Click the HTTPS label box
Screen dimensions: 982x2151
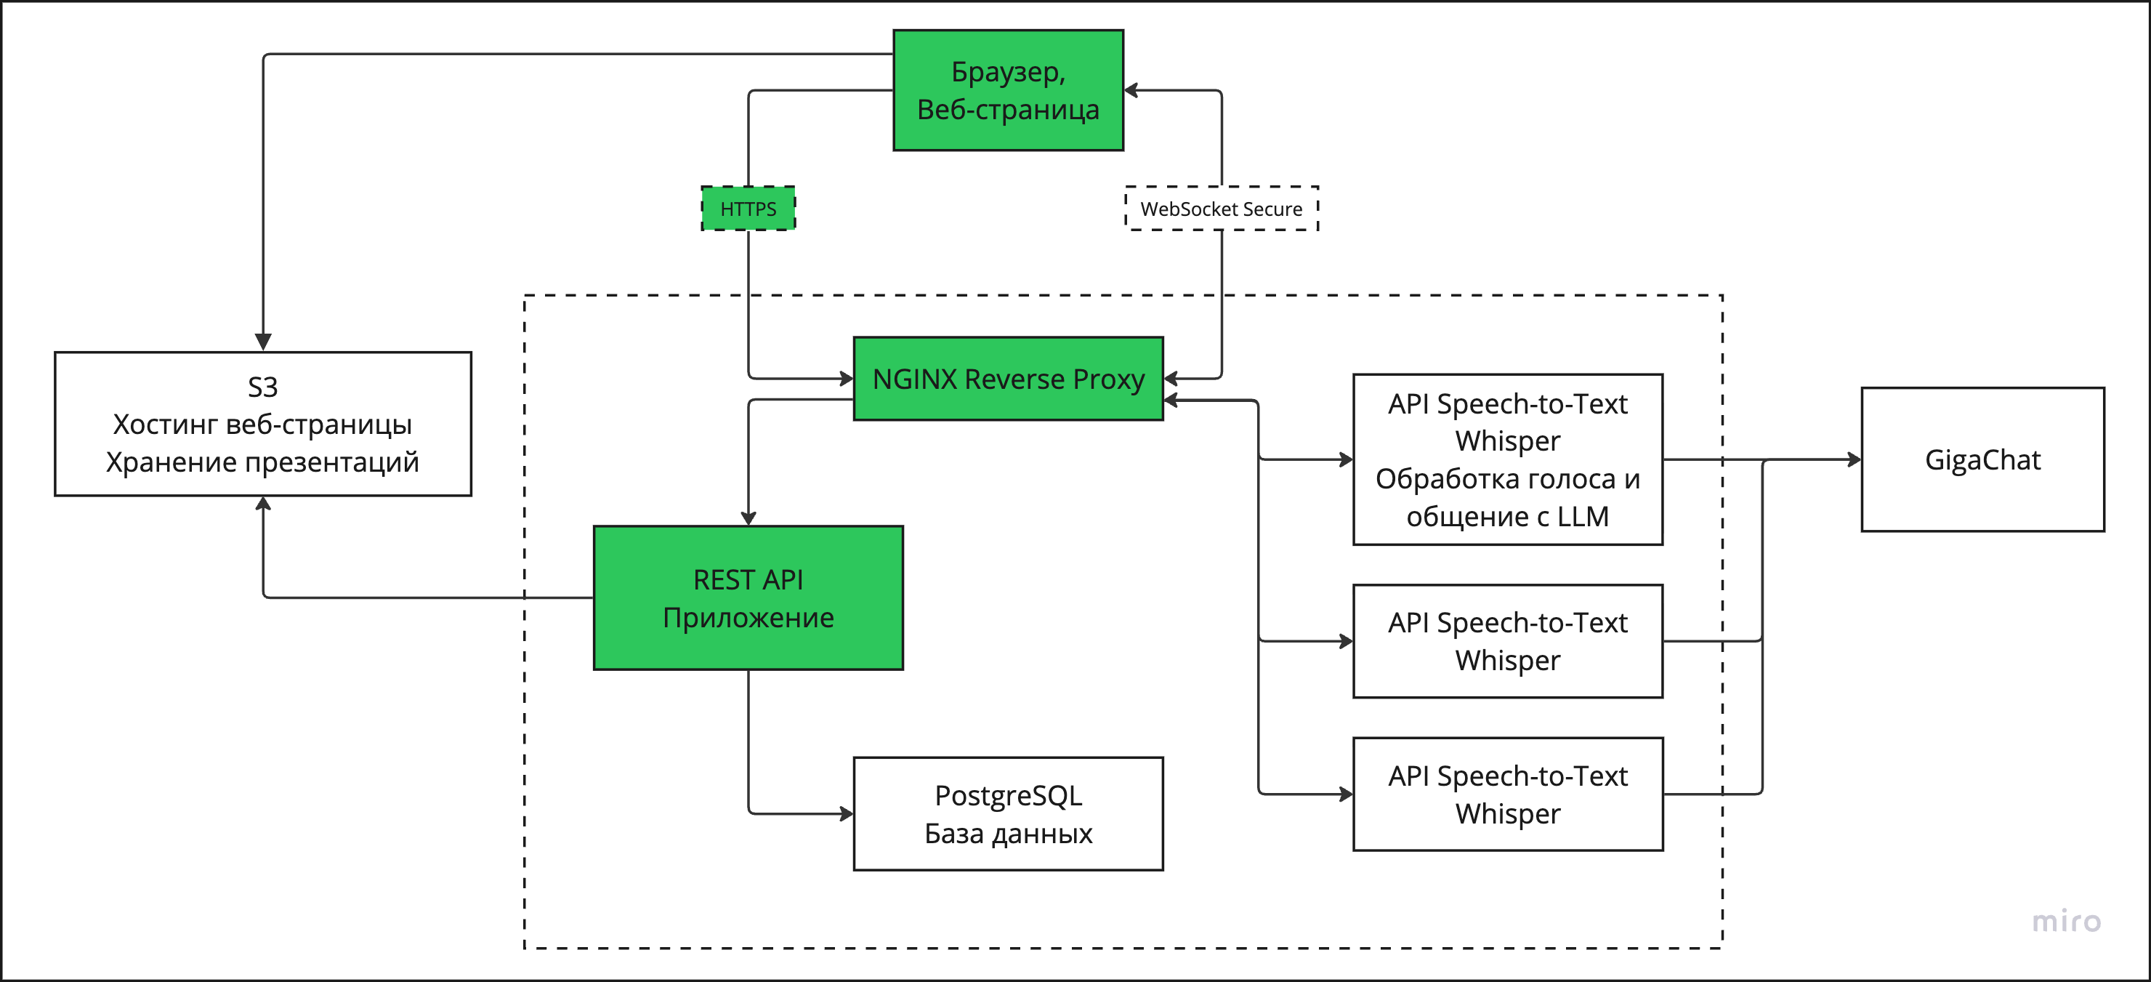click(x=748, y=209)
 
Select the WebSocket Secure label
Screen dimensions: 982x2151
click(x=1221, y=209)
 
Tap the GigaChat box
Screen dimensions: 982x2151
click(x=1982, y=459)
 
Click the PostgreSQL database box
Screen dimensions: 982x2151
click(x=1008, y=813)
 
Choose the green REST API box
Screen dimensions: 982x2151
click(x=748, y=598)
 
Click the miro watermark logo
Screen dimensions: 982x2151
click(x=2066, y=921)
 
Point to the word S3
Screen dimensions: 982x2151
click(x=262, y=387)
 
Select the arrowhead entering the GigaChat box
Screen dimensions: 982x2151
click(x=1854, y=459)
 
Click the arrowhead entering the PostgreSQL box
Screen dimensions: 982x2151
click(x=847, y=813)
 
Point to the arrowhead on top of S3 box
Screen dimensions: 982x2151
click(x=263, y=342)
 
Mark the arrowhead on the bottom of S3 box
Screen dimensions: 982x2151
click(x=263, y=504)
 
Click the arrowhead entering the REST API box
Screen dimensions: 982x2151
click(x=748, y=518)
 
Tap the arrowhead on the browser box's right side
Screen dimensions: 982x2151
click(x=1131, y=90)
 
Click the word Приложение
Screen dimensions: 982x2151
click(x=748, y=618)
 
